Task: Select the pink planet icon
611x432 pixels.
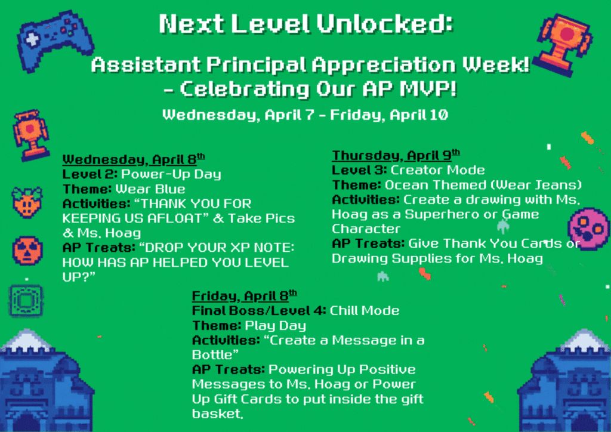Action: tap(589, 229)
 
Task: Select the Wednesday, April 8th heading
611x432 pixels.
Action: tap(134, 160)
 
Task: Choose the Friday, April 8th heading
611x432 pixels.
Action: tap(244, 296)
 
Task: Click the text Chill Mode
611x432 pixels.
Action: tap(365, 310)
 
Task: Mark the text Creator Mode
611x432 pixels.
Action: tap(437, 171)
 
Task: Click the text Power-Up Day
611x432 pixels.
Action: tap(171, 174)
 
